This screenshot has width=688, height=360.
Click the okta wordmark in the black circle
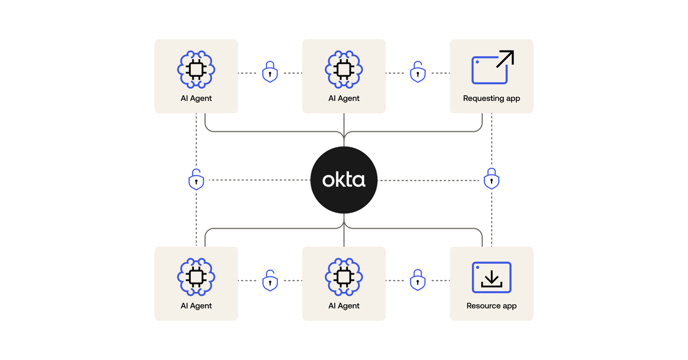click(x=343, y=180)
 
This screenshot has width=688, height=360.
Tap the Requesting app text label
click(x=492, y=98)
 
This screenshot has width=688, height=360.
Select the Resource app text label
click(x=492, y=306)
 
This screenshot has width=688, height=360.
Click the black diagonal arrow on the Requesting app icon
click(x=504, y=60)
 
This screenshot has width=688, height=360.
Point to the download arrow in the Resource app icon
click(x=491, y=278)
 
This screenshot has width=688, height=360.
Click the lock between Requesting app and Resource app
click(x=491, y=179)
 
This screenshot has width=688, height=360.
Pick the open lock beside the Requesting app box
click(x=418, y=72)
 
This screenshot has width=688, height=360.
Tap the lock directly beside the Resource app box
click(x=418, y=280)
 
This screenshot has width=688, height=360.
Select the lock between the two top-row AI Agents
click(x=270, y=72)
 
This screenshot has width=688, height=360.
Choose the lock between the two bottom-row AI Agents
click(x=270, y=280)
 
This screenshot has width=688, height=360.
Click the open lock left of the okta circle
click(x=196, y=180)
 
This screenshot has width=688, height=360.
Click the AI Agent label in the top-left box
click(x=196, y=98)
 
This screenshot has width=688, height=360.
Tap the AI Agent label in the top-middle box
click(x=343, y=98)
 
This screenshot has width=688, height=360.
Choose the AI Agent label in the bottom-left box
click(x=196, y=306)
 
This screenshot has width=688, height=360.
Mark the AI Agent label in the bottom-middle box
click(x=343, y=306)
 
